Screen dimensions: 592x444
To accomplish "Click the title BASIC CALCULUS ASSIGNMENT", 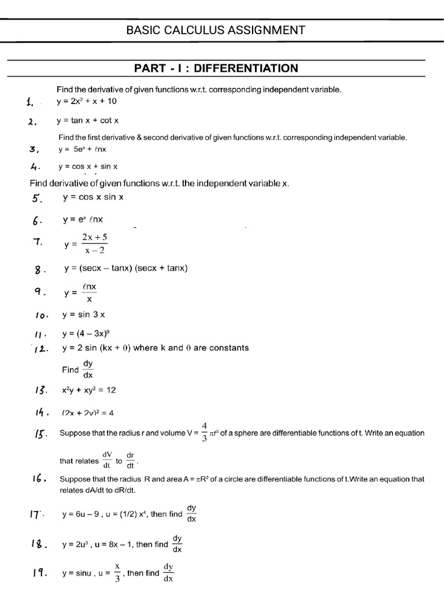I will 216,30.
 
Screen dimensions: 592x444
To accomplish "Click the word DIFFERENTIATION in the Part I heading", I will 246,69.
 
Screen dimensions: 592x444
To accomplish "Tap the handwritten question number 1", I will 30,102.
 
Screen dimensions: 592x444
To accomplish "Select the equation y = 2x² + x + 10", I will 87,102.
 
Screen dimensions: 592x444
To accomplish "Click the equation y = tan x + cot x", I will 87,121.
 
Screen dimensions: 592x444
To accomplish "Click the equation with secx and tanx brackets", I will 126,268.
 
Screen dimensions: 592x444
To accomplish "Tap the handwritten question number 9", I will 40,292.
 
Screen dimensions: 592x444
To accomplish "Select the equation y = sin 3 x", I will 83,314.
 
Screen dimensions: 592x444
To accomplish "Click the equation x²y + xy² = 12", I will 89,390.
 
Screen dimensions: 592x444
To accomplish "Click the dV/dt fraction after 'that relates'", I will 107,461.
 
